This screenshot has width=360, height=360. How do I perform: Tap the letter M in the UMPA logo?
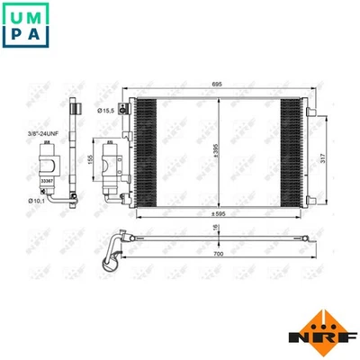tap(36, 14)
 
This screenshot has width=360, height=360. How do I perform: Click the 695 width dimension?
tap(216, 82)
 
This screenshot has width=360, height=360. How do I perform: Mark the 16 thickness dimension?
tap(214, 229)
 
